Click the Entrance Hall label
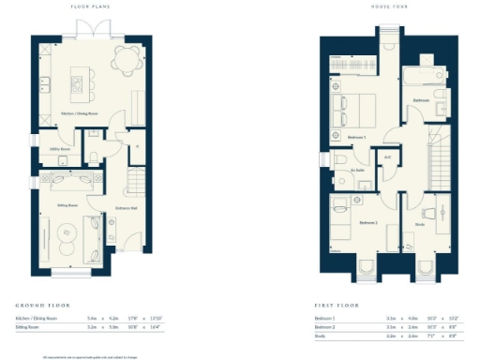click(x=127, y=208)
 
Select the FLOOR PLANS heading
click(x=90, y=7)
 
